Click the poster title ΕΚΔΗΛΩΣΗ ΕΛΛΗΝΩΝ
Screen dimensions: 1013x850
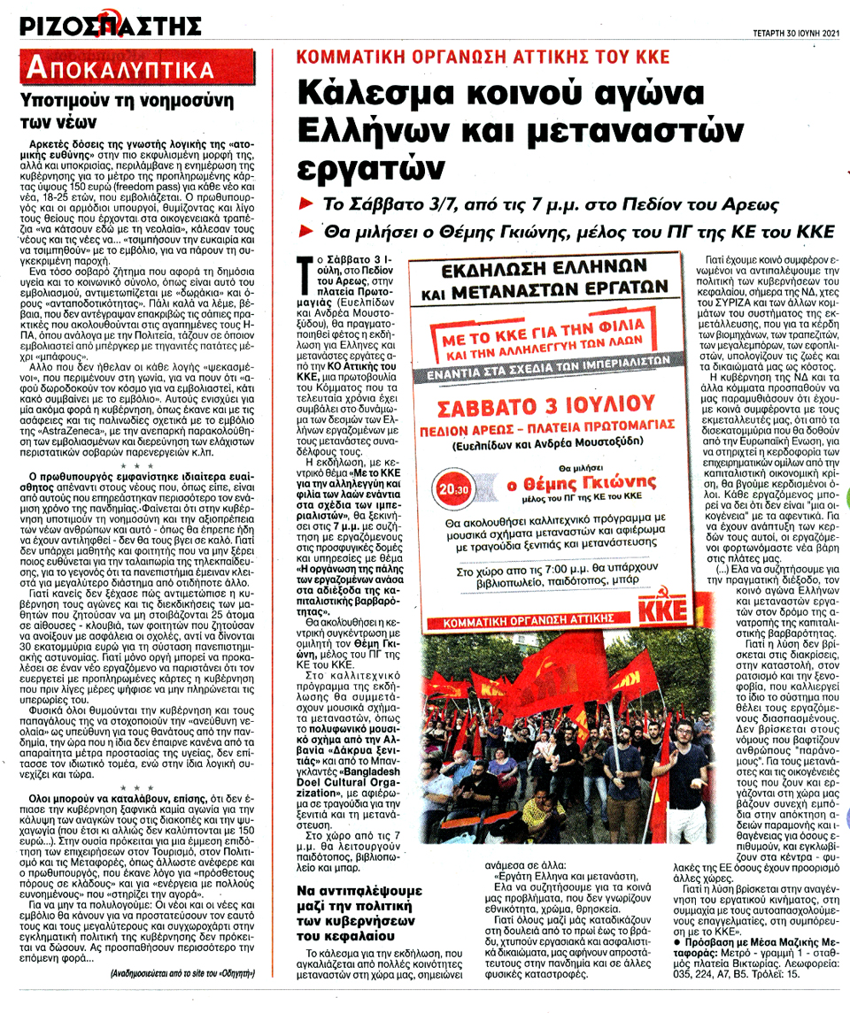541,269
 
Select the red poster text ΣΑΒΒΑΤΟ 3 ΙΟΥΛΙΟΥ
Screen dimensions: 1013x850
543,410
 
